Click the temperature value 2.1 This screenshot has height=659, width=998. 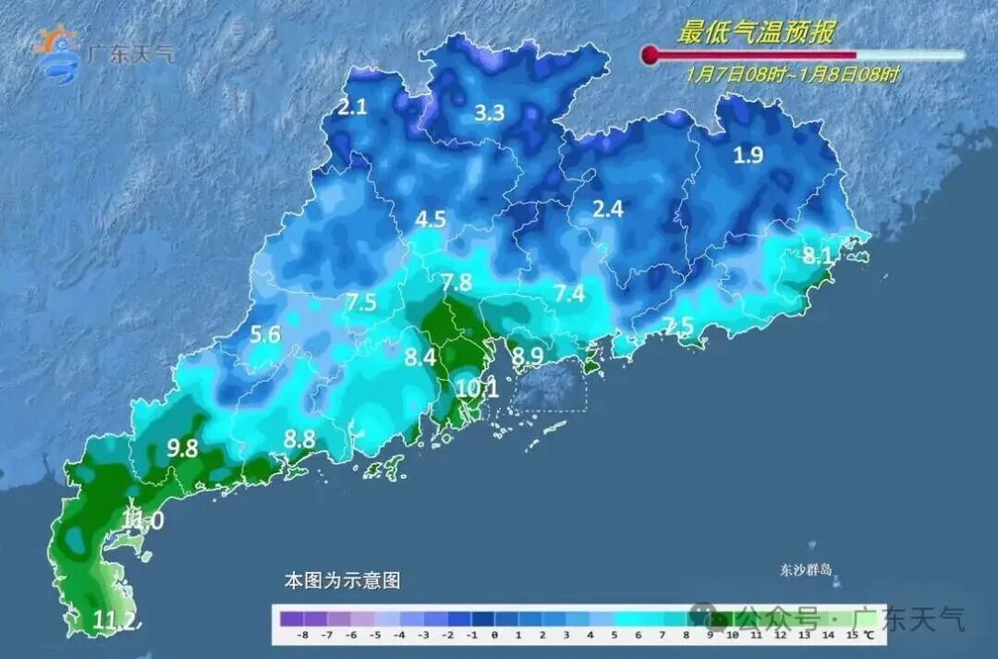point(352,107)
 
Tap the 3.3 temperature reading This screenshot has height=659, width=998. point(490,114)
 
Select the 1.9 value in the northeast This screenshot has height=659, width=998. point(748,155)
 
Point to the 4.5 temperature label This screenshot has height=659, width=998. point(431,220)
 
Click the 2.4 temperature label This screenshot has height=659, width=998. point(607,209)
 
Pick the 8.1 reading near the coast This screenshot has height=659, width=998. point(817,256)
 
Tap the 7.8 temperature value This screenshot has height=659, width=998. point(456,283)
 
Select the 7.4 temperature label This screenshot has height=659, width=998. point(569,294)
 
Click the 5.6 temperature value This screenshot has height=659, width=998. point(265,336)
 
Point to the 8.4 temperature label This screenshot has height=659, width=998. point(420,357)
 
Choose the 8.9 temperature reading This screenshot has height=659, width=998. point(529,356)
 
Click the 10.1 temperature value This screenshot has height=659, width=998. point(477,389)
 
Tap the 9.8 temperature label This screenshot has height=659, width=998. point(182,448)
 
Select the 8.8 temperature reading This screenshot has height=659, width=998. point(299,440)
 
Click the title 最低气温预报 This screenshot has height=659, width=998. point(756,33)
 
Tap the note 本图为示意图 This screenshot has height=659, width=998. point(342,581)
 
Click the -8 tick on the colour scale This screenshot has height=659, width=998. point(301,636)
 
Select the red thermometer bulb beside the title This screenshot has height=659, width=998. point(651,56)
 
